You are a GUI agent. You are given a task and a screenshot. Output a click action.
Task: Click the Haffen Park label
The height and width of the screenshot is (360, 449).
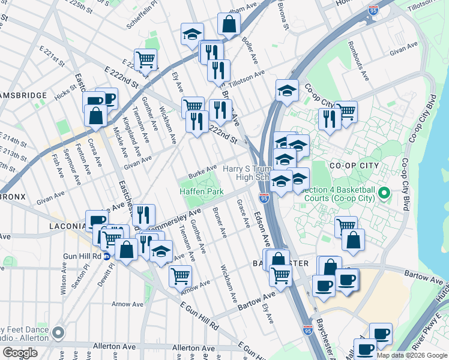(202, 191)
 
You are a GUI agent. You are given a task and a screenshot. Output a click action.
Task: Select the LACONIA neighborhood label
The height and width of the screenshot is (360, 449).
(67, 226)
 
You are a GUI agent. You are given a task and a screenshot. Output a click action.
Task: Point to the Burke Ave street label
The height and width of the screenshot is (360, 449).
(202, 171)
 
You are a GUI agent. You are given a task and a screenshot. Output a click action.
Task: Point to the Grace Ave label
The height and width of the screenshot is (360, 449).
(244, 214)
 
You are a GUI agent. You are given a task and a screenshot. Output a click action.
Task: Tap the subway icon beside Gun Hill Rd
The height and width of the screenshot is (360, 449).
(107, 256)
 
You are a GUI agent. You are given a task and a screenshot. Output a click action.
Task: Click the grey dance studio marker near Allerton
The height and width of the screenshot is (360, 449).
(58, 332)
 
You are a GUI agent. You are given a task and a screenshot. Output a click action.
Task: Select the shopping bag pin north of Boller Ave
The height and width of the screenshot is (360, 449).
(229, 25)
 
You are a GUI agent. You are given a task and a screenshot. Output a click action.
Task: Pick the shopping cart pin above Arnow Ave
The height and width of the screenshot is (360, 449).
(180, 276)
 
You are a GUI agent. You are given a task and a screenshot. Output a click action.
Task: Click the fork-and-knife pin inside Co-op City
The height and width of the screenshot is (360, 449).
(329, 118)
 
